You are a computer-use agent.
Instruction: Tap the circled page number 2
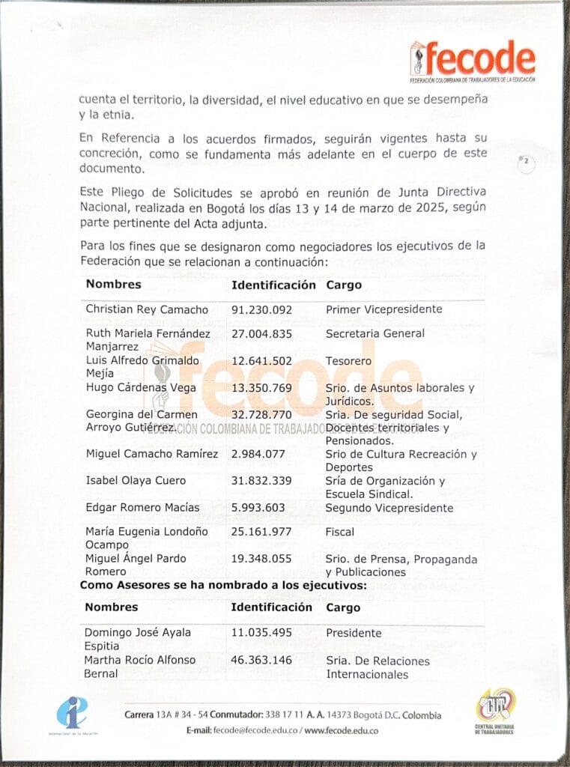[x=527, y=162]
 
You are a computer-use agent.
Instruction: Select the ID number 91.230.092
[x=261, y=309]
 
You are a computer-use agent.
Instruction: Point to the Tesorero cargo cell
[x=348, y=361]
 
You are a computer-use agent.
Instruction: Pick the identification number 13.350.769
[x=261, y=388]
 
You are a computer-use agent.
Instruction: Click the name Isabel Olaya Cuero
[x=136, y=481]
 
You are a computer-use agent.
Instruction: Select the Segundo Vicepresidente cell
[x=389, y=508]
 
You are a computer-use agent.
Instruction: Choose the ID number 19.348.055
[x=261, y=559]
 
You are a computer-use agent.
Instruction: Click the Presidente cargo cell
[x=354, y=634]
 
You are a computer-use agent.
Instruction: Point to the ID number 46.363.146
[x=261, y=661]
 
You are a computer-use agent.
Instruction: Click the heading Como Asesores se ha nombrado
[x=223, y=585]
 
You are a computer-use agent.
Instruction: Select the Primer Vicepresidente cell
[x=383, y=309]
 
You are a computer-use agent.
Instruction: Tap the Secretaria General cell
[x=375, y=333]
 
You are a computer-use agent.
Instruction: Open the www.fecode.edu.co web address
[x=341, y=730]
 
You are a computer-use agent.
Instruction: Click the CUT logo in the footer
[x=494, y=712]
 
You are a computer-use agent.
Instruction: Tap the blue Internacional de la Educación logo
[x=72, y=713]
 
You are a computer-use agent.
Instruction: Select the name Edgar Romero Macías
[x=142, y=508]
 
